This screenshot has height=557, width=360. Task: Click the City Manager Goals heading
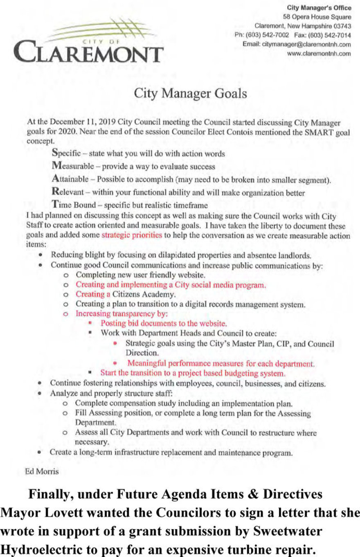pyautogui.click(x=191, y=94)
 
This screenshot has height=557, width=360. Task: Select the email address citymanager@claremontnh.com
pyautogui.click(x=306, y=44)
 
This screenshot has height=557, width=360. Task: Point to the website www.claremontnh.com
pyautogui.click(x=319, y=53)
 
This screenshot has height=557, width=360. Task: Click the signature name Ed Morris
pyautogui.click(x=42, y=471)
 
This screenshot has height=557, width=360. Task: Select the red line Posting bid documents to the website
pyautogui.click(x=164, y=323)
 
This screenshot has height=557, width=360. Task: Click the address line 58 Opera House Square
pyautogui.click(x=317, y=17)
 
